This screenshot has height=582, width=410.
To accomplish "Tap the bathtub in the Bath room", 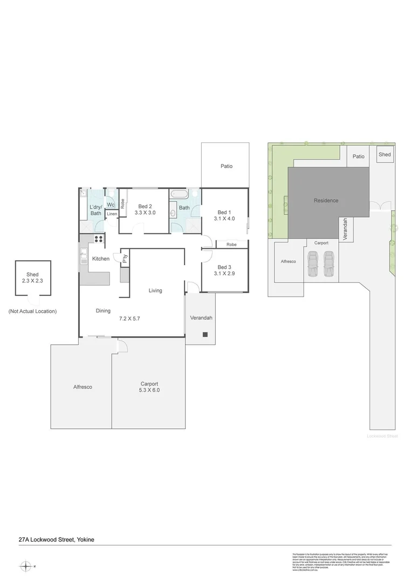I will [x=179, y=194].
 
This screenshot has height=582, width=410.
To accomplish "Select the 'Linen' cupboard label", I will [x=112, y=214].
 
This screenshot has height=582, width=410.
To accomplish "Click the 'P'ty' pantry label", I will [x=125, y=259].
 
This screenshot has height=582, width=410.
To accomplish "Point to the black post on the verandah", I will [x=205, y=334].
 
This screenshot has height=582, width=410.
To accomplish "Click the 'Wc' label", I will [x=111, y=205].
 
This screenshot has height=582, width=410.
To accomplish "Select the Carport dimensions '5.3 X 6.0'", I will [x=148, y=390].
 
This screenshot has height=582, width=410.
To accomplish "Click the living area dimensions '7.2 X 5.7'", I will [x=129, y=318].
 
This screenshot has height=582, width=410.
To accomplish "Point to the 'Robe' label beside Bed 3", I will [x=231, y=245].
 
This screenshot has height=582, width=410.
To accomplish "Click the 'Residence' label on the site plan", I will [x=326, y=200].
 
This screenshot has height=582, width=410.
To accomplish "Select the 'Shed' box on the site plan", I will [x=385, y=155].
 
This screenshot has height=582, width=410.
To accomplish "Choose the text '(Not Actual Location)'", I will [x=32, y=311].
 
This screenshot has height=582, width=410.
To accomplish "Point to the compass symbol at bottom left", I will [x=26, y=566].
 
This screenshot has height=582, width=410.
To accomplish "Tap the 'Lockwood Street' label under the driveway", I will [x=382, y=436].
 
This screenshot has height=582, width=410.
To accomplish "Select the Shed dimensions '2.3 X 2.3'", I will [x=32, y=281].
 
